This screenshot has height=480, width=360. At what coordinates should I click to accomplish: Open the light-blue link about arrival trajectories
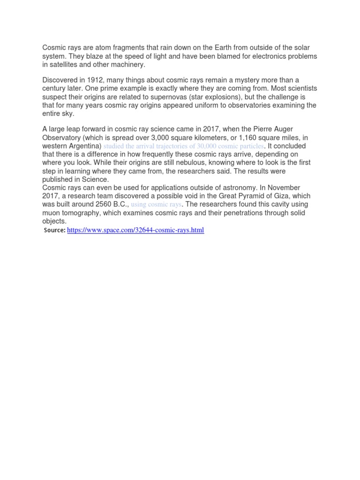pos(183,146)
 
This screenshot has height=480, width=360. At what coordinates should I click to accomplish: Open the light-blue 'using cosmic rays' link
pos(156,205)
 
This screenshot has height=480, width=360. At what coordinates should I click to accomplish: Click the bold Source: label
pos(54,230)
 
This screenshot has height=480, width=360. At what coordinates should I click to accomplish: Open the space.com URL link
pos(135,230)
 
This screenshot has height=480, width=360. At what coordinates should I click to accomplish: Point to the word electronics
pos(249,56)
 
